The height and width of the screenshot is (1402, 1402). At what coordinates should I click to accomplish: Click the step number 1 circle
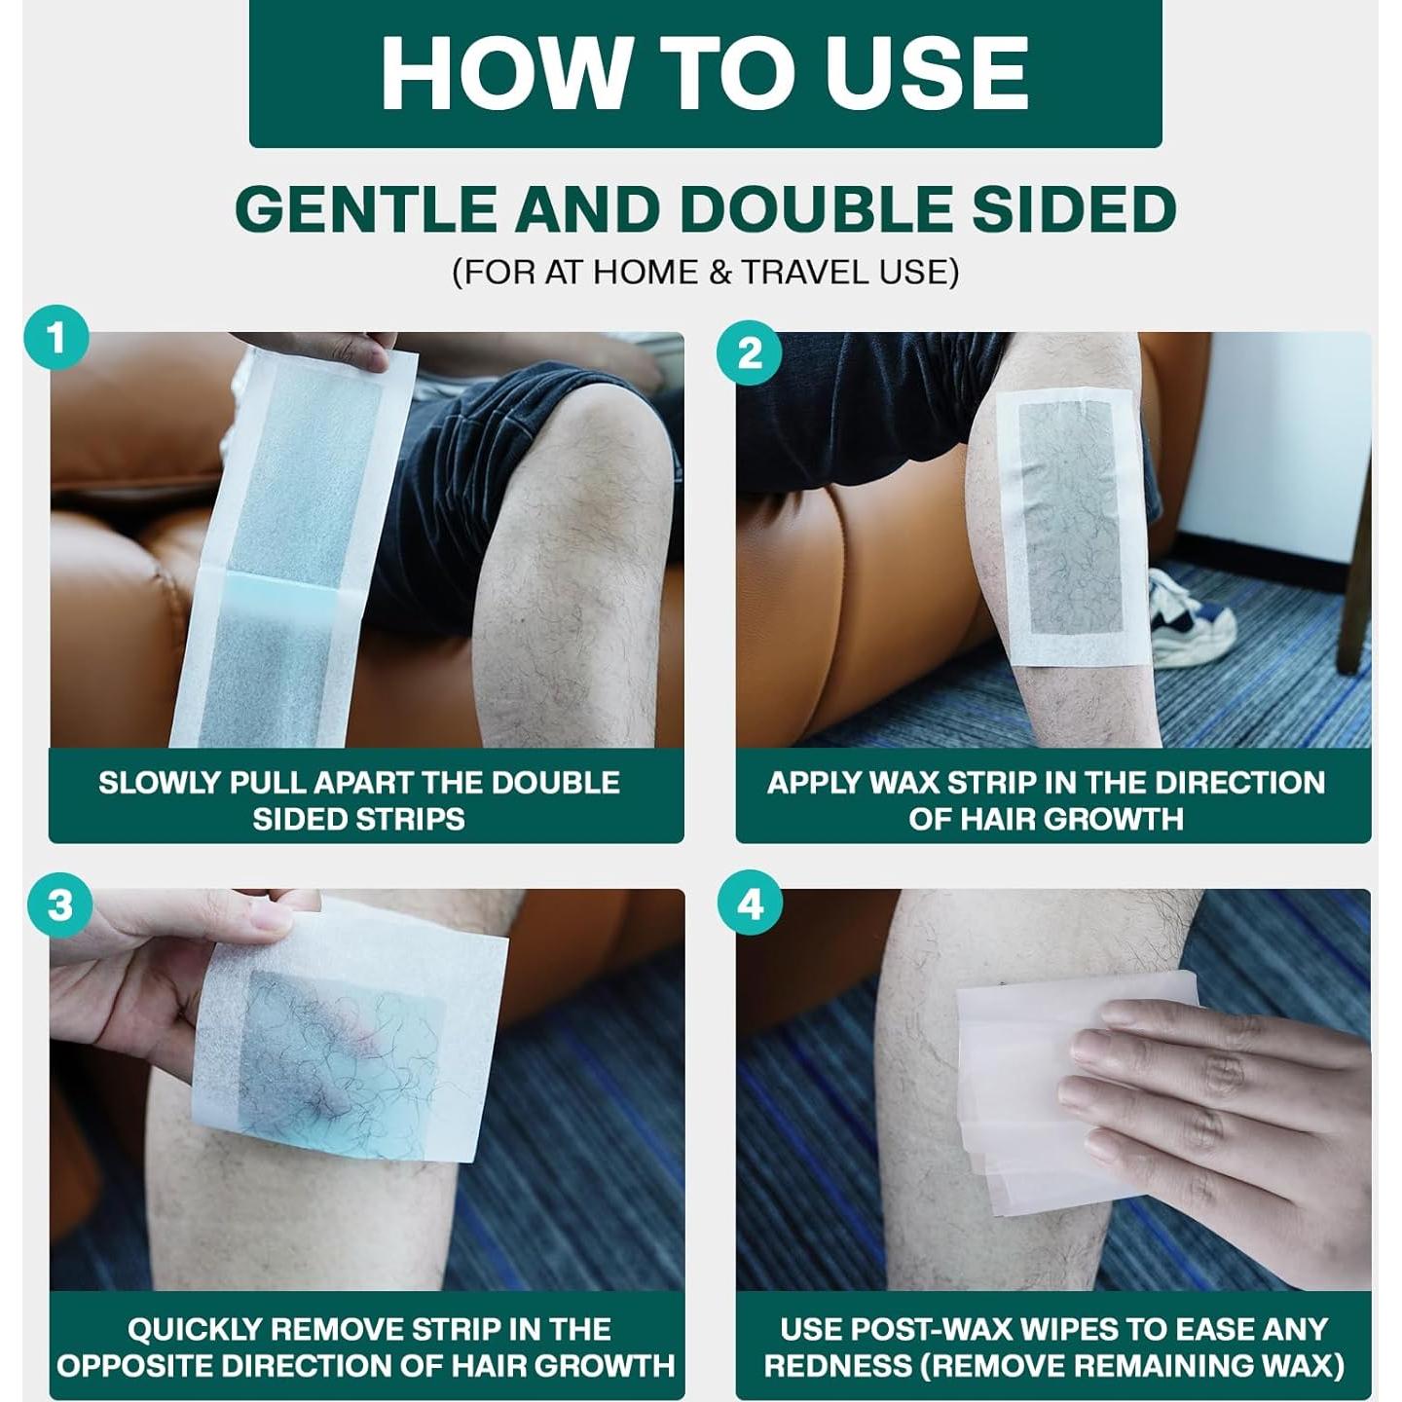tap(56, 339)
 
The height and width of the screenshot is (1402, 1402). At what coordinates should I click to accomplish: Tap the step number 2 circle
tap(750, 352)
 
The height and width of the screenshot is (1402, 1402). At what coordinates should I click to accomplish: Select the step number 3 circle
tap(60, 905)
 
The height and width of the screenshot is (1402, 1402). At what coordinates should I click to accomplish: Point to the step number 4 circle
tap(750, 905)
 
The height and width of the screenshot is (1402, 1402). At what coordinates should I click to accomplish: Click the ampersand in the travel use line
tap(720, 272)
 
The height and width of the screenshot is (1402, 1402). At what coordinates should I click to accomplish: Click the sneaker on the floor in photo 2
tap(1190, 618)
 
